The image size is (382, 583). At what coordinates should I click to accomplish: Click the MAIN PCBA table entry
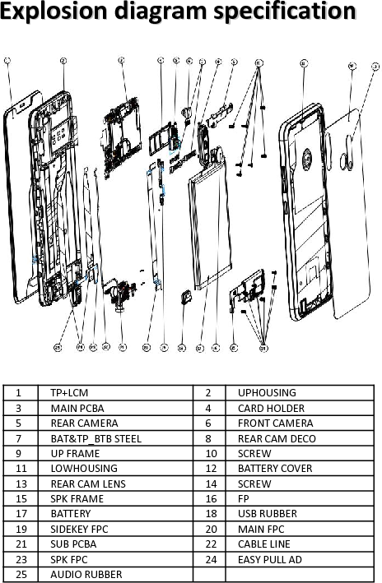77,408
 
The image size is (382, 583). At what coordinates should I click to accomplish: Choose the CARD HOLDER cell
271,408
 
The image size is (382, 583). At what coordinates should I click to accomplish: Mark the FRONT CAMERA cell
275,423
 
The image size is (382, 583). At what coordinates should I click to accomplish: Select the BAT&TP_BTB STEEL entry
95,438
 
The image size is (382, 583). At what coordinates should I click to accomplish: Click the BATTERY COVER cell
275,469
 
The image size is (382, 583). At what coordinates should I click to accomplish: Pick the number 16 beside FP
210,499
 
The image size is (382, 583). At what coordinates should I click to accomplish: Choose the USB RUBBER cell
267,514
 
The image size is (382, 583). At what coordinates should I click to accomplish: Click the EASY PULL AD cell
269,559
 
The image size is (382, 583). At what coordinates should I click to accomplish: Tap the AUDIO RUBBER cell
86,574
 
